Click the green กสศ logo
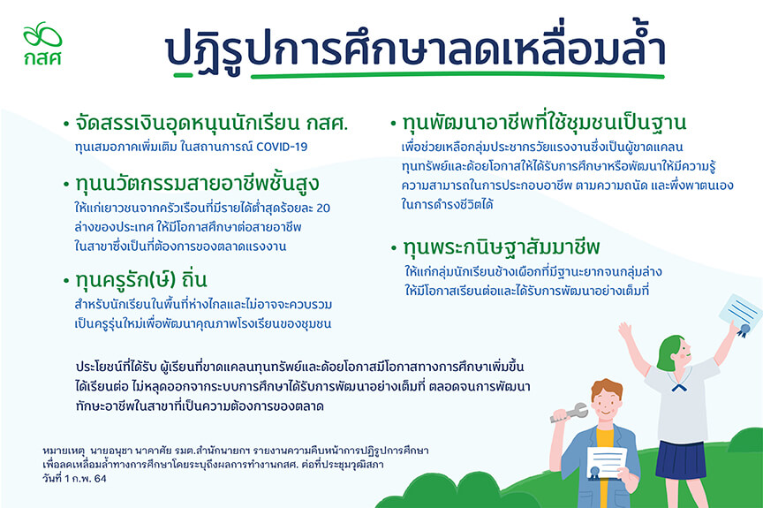pyautogui.click(x=42, y=43)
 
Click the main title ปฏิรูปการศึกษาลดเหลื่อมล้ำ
pyautogui.click(x=415, y=49)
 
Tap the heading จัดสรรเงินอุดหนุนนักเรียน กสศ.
pyautogui.click(x=212, y=123)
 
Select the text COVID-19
pyautogui.click(x=282, y=147)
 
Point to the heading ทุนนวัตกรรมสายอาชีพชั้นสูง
pyautogui.click(x=197, y=184)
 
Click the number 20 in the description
pyautogui.click(x=323, y=209)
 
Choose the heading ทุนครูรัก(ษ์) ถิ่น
pyautogui.click(x=141, y=280)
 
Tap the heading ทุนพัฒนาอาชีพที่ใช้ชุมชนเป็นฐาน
pyautogui.click(x=544, y=122)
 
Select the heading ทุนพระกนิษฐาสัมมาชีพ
pyautogui.click(x=502, y=247)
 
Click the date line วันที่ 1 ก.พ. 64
pyautogui.click(x=74, y=478)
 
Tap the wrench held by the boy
pyautogui.click(x=569, y=412)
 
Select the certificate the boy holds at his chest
pyautogui.click(x=605, y=463)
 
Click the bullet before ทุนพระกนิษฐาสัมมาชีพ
pyautogui.click(x=394, y=248)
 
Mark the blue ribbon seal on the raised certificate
pyautogui.click(x=743, y=331)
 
